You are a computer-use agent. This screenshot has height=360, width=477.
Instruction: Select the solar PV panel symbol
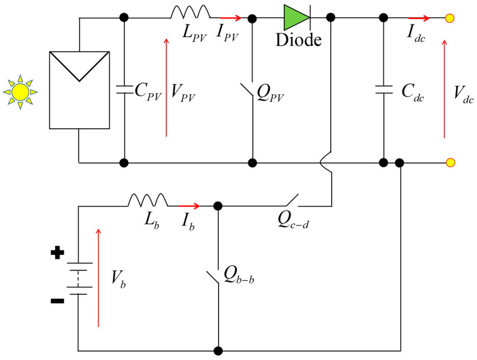click(x=79, y=90)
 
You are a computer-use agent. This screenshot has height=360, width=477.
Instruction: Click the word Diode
click(x=299, y=40)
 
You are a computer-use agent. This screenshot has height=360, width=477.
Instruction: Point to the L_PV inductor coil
click(x=191, y=13)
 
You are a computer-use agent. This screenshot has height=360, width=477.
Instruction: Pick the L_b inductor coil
click(x=147, y=200)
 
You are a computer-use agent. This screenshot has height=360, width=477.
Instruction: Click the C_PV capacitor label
click(x=148, y=91)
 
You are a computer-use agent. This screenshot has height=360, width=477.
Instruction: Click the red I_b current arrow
click(x=190, y=206)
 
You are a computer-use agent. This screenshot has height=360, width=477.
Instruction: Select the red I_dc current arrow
click(x=419, y=18)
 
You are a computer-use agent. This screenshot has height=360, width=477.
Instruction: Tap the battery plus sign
click(x=59, y=253)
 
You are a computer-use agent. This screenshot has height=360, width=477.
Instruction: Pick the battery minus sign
click(x=58, y=301)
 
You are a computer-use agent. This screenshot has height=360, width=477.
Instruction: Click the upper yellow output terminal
click(x=450, y=18)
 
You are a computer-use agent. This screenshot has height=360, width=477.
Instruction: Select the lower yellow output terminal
click(x=450, y=162)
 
